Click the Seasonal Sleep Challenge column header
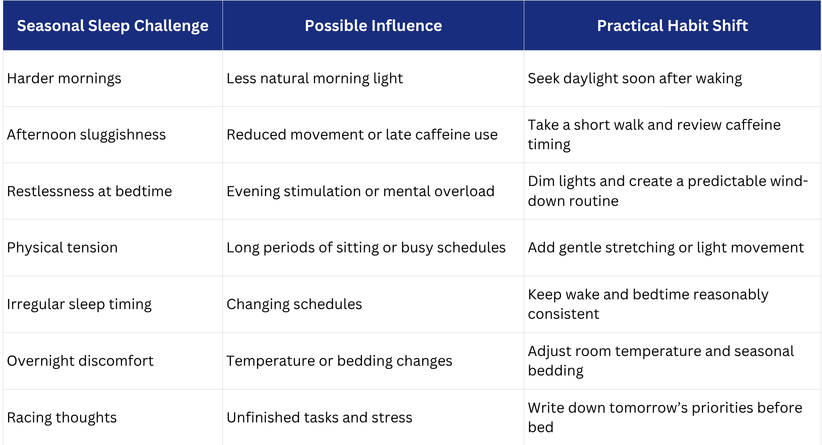point(113,26)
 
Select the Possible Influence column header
point(373,26)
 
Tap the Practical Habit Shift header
point(672,26)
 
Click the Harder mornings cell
point(64,78)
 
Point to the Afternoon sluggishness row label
point(86,135)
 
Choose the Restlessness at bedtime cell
point(90,191)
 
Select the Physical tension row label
point(62,248)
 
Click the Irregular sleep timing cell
point(79,304)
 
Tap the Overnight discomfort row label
point(80,361)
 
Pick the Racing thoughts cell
point(62,418)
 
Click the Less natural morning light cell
point(315,78)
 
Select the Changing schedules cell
point(294,304)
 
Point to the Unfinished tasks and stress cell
point(319,418)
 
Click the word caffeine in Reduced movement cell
point(443,134)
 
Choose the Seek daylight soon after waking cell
point(635,78)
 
